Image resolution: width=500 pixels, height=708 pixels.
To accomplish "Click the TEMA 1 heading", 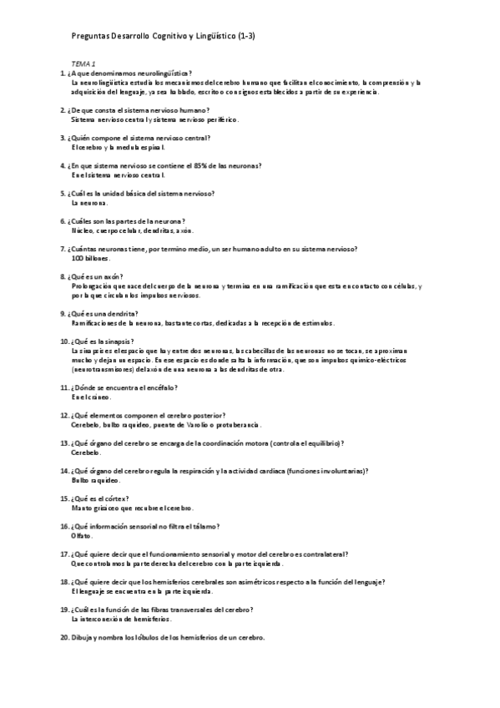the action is click(83, 63).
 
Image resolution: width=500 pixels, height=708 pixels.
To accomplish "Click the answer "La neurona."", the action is click(90, 203).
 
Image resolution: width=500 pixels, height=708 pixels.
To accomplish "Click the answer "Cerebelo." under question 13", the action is click(86, 452).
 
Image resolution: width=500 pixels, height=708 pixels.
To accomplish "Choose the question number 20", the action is click(64, 637).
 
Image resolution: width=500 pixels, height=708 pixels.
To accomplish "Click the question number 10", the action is click(64, 341).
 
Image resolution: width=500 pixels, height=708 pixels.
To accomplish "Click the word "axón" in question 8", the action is click(113, 276).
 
